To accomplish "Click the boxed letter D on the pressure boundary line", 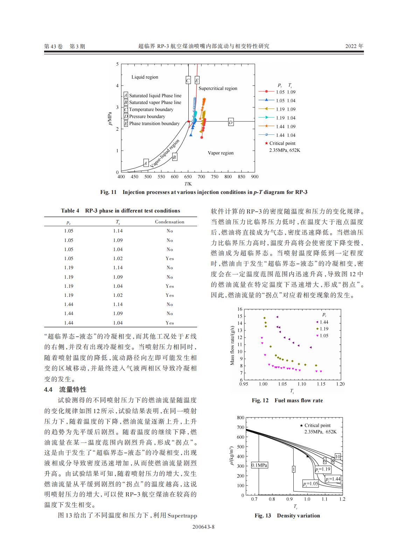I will [x=231, y=122].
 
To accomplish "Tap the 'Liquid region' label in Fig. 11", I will [x=145, y=77].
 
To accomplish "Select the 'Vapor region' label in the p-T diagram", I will [x=221, y=153].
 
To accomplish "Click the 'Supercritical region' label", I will [x=218, y=89].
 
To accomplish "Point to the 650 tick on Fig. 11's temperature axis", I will [x=188, y=177].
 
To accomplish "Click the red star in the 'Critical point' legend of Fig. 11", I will [x=266, y=143].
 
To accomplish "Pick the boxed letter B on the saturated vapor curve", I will [x=174, y=157].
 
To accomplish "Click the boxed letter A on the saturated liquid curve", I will [x=146, y=163].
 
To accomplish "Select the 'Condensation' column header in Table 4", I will [x=169, y=222].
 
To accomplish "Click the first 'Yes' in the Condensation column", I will [x=169, y=259].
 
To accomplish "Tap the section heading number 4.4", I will [x=48, y=390].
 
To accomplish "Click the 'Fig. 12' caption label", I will [x=260, y=401].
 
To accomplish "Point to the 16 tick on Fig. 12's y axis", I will [x=240, y=309].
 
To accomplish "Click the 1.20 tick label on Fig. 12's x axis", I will [x=340, y=384].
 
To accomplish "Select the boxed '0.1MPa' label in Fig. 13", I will [x=259, y=465].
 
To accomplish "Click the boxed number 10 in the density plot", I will [x=337, y=457].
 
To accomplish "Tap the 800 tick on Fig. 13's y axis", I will [x=241, y=418].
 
